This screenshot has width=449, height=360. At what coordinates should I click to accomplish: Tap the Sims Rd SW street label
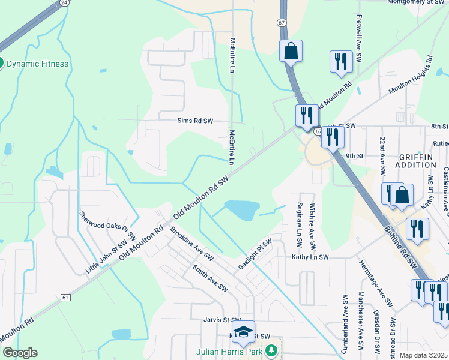pyautogui.click(x=195, y=121)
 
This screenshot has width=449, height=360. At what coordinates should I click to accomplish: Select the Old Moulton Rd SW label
pyautogui.click(x=202, y=197)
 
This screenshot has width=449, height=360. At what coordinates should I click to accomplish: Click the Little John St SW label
pyautogui.click(x=106, y=255)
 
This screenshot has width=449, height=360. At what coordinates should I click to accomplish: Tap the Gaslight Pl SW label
pyautogui.click(x=255, y=254)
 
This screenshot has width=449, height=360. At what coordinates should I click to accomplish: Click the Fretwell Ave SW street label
pyautogui.click(x=358, y=40)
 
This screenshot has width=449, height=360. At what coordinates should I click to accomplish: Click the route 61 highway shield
pyautogui.click(x=65, y=297)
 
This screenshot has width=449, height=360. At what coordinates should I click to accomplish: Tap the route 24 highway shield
pyautogui.click(x=64, y=3)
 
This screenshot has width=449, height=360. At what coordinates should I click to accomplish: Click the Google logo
pyautogui.click(x=20, y=353)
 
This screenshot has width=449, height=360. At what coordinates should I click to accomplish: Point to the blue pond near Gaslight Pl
pyautogui.click(x=241, y=210)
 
